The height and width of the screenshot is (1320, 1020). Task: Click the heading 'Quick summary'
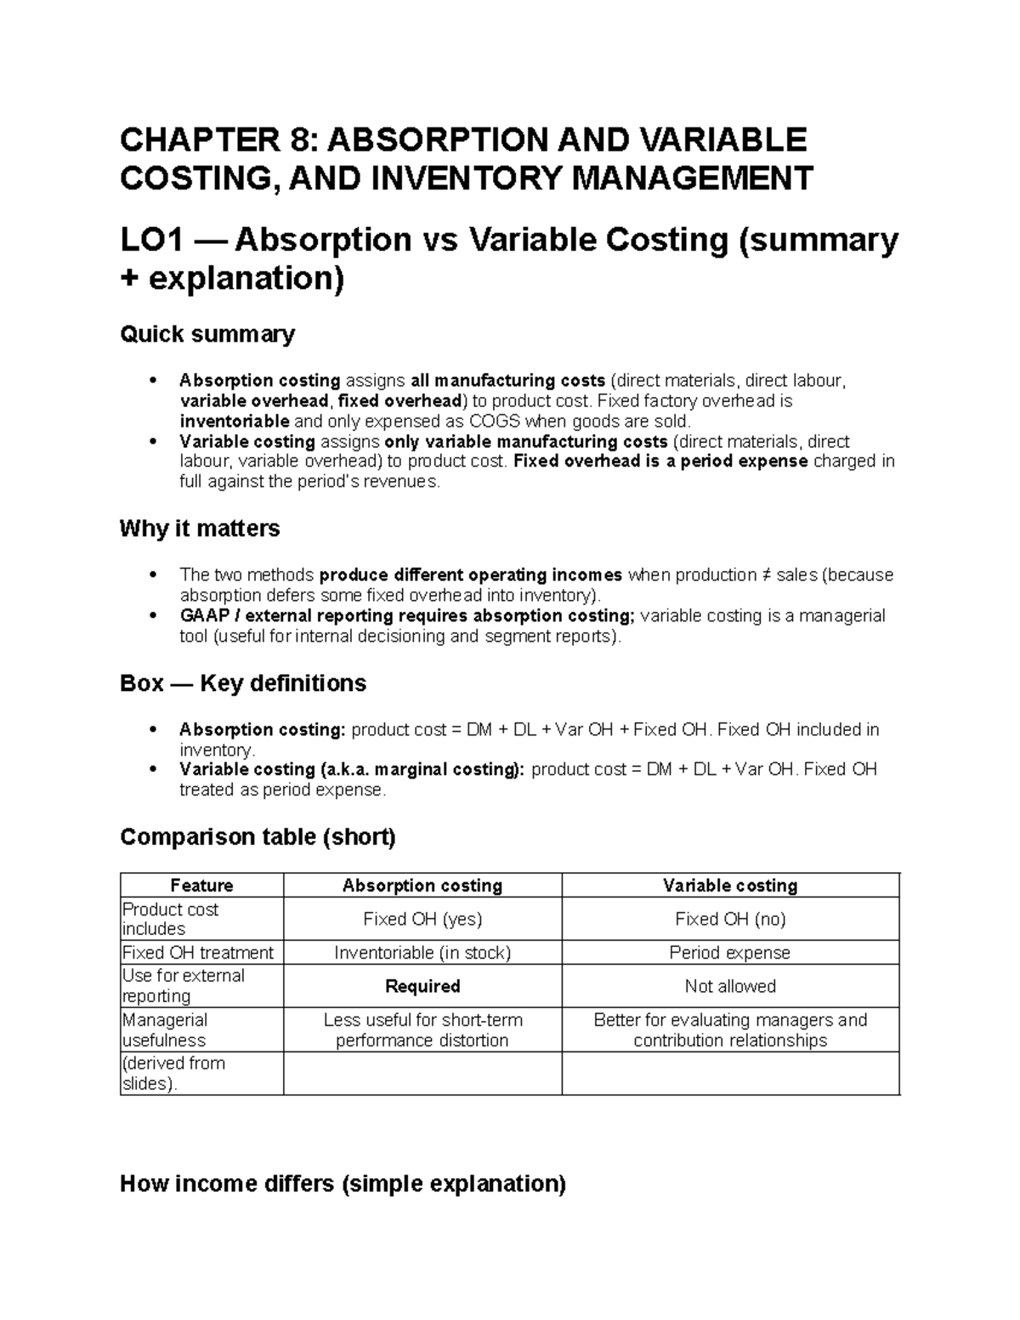(x=207, y=334)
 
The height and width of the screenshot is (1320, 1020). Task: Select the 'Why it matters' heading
(x=200, y=529)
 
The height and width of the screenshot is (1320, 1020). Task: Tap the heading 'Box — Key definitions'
(x=243, y=683)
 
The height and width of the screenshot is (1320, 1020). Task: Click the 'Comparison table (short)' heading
(x=258, y=837)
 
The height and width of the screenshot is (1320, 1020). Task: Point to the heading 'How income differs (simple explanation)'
(x=343, y=1183)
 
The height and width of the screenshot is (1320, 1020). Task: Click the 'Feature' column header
(x=201, y=886)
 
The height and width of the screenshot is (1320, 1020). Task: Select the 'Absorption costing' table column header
(x=422, y=886)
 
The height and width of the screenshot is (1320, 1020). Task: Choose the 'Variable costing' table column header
(x=729, y=886)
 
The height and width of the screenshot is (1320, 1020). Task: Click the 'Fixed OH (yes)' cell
(x=422, y=919)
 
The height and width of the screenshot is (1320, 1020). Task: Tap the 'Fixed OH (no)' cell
(x=729, y=919)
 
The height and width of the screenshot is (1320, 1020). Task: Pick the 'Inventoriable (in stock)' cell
(x=422, y=953)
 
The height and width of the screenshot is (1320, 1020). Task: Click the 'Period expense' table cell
(x=729, y=953)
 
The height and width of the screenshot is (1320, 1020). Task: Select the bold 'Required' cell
(x=422, y=986)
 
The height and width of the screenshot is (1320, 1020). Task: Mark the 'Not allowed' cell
(x=729, y=986)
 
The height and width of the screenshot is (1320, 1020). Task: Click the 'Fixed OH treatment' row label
(x=198, y=953)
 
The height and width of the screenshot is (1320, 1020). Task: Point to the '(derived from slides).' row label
(x=173, y=1074)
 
